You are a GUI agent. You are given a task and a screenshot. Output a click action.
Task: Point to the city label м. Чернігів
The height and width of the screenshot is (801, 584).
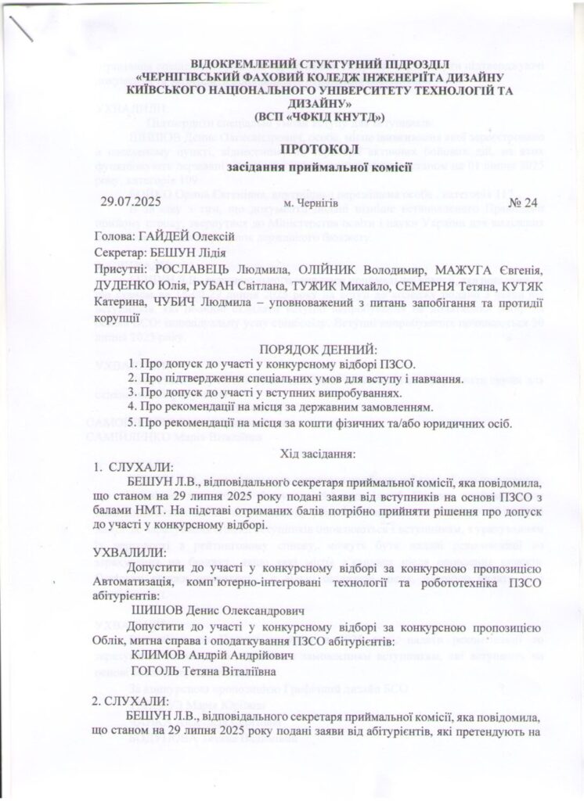point(305,204)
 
